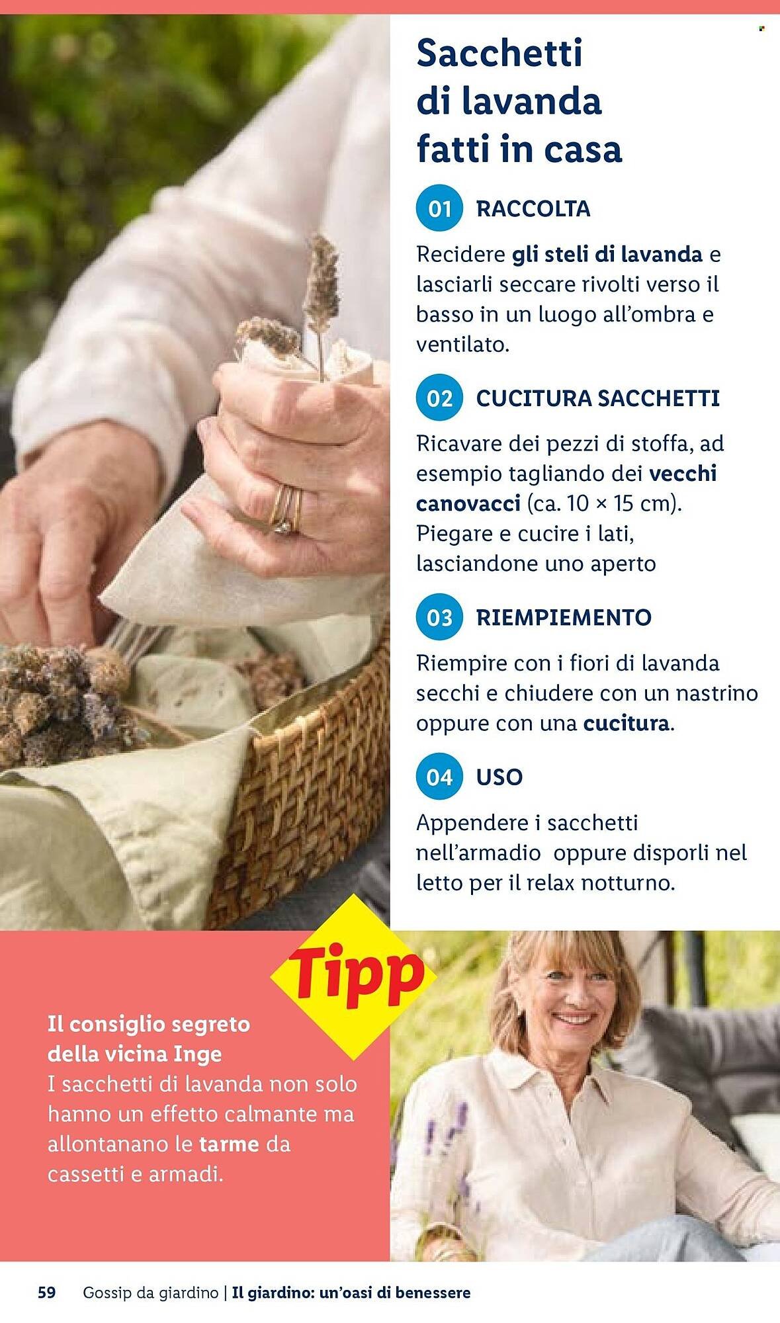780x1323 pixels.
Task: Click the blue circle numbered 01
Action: point(439,209)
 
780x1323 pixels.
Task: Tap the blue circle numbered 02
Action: point(439,399)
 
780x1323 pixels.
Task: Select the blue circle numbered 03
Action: point(439,618)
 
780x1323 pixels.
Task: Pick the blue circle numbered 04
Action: point(439,777)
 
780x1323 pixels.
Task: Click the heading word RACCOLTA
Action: point(533,209)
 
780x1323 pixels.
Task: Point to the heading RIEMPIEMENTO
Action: point(564,618)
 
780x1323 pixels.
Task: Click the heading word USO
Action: point(499,777)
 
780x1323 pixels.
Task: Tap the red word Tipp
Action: point(355,975)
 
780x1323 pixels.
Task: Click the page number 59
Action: point(47,1292)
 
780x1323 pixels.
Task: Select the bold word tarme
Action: point(228,1144)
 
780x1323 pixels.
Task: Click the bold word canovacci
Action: point(468,503)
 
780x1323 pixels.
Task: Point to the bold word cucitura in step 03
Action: point(625,723)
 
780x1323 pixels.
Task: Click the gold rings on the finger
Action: point(286,509)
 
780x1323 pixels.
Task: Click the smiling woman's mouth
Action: point(572,1019)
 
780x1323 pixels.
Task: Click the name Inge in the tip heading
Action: point(197,1053)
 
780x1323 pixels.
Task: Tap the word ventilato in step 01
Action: point(462,345)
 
